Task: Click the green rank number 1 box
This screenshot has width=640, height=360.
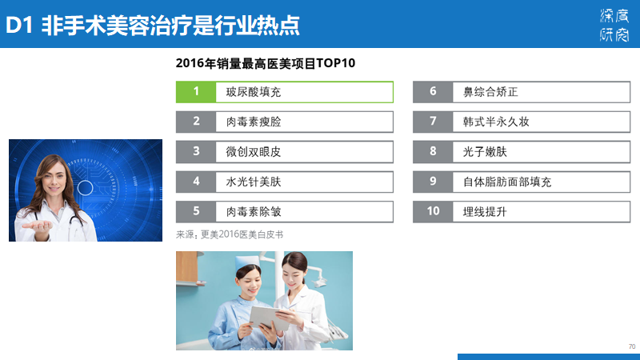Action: click(x=196, y=92)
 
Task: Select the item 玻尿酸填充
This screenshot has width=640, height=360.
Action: click(x=254, y=92)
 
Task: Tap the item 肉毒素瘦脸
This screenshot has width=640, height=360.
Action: click(x=254, y=122)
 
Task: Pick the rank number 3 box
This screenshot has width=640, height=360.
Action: click(x=196, y=152)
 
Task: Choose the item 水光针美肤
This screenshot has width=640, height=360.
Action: click(x=254, y=182)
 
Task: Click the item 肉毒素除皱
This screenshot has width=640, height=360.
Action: click(x=254, y=212)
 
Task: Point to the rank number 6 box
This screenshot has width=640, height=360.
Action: click(x=433, y=92)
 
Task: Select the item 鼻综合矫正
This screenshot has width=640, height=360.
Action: click(x=490, y=92)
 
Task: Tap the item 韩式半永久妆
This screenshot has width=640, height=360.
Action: click(x=496, y=122)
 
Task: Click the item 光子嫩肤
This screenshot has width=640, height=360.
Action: click(x=485, y=152)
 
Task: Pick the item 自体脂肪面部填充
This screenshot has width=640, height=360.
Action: click(x=507, y=182)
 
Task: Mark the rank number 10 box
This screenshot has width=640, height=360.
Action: click(x=433, y=212)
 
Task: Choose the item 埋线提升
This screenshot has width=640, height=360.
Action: click(x=485, y=212)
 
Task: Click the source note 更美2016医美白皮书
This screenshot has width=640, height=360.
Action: click(x=242, y=234)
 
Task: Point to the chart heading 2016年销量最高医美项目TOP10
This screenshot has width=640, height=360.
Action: click(x=266, y=63)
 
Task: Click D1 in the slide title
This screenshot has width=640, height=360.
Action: click(x=19, y=26)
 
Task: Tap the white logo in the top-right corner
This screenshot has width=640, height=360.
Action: click(x=614, y=25)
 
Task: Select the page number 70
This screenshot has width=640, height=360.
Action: click(x=632, y=346)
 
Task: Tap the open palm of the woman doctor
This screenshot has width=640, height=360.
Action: click(x=37, y=226)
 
